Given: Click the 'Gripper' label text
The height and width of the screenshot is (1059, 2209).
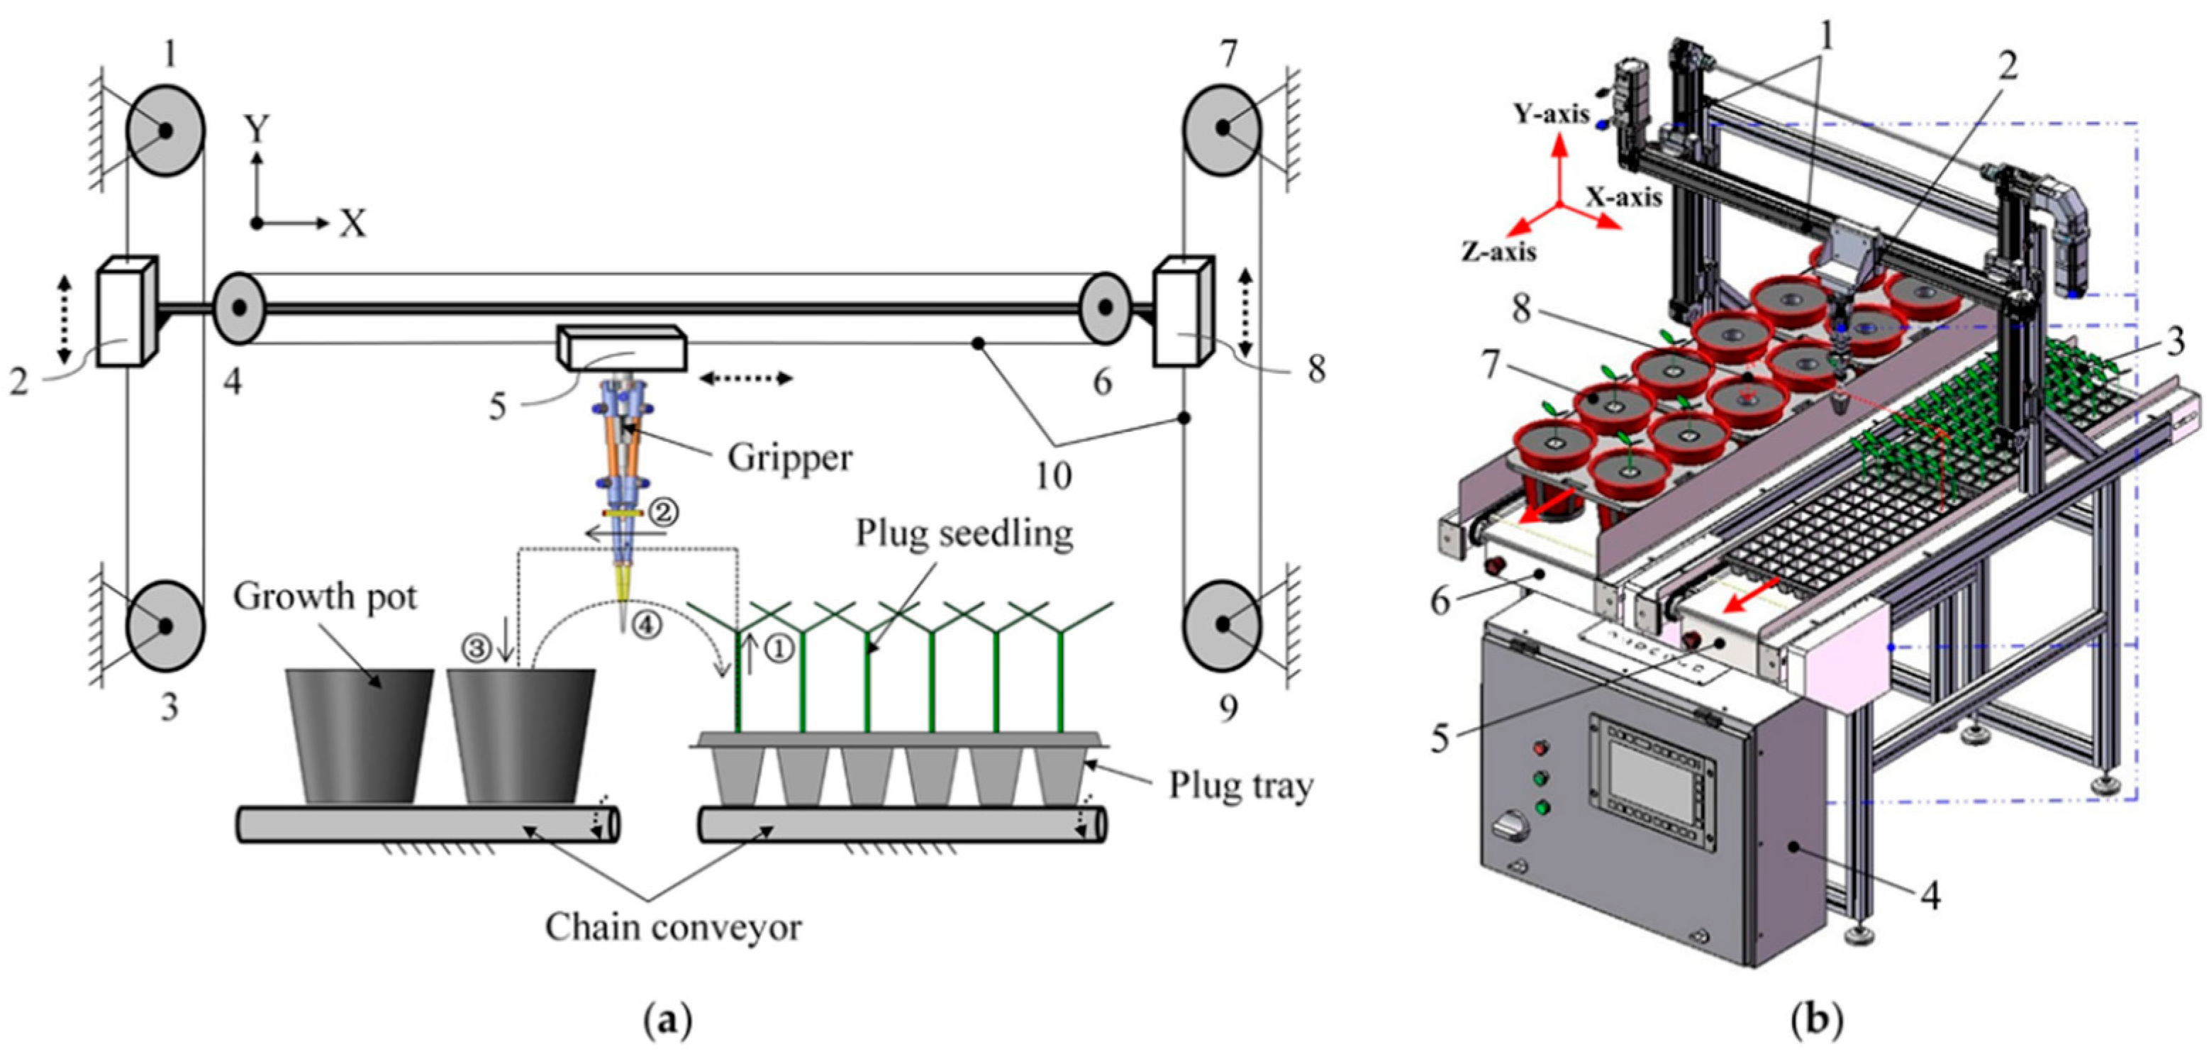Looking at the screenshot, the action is coord(790,458).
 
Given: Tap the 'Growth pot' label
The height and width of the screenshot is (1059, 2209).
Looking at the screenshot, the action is coord(325,595).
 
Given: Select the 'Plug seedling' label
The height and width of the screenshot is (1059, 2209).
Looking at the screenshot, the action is coord(964,533).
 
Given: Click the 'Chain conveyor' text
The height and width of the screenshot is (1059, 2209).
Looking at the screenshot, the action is coord(673,926).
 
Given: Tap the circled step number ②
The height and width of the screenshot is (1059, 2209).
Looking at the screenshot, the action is coord(664,513).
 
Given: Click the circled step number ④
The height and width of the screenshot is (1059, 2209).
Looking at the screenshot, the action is coord(647,625).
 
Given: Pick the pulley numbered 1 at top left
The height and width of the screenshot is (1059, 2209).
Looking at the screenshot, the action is coord(165,131).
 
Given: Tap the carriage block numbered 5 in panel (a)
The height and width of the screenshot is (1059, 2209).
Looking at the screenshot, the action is coord(622,348).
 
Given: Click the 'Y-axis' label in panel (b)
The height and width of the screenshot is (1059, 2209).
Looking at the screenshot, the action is coord(1552,113).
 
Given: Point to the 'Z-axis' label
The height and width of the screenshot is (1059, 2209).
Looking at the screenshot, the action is coord(1498,251).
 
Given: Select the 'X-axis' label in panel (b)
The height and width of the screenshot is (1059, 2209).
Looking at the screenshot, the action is coord(1623,196).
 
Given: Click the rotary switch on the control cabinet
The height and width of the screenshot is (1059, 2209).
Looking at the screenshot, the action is coord(1510,829).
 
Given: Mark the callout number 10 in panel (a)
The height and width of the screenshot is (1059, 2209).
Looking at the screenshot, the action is coord(1054,475).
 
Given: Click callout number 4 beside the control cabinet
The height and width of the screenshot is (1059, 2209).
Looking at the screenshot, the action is coord(1930,894).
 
